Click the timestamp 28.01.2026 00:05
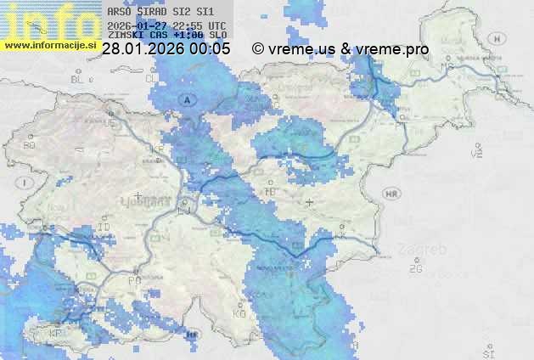[x=166, y=49]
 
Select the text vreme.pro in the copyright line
[x=392, y=49]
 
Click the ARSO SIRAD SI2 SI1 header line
[x=160, y=13]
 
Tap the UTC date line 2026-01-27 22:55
[x=166, y=25]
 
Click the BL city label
[x=79, y=79]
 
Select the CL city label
[x=152, y=79]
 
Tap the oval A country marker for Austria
[x=186, y=100]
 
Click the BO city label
[x=30, y=145]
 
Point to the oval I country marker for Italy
[x=26, y=183]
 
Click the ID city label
[x=104, y=227]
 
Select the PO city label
[x=134, y=279]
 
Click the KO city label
[x=239, y=313]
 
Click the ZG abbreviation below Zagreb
[x=415, y=268]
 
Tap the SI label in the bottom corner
[x=487, y=350]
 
